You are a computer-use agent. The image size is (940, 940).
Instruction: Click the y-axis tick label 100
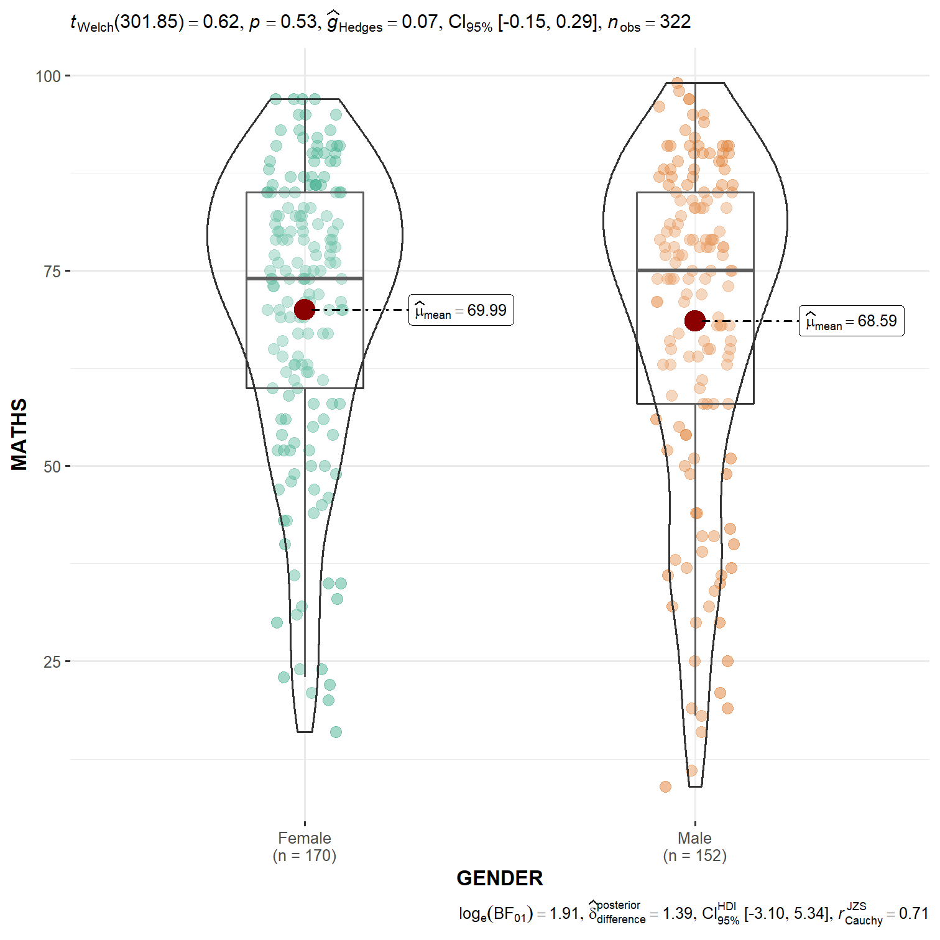48,76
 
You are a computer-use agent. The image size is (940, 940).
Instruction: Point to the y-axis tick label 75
52,272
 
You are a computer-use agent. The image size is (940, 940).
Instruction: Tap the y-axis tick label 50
52,467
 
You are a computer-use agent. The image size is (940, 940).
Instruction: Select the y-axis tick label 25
52,662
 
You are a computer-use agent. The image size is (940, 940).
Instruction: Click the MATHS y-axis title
19,435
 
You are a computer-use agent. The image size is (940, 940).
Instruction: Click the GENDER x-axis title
500,878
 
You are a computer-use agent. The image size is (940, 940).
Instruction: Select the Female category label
305,838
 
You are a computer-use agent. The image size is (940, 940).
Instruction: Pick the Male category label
694,838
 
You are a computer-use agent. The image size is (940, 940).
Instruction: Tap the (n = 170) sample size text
305,856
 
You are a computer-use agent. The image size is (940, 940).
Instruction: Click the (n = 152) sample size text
694,856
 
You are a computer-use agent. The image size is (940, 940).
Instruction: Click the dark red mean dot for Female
305,309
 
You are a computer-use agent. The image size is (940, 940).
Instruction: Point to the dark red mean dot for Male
694,321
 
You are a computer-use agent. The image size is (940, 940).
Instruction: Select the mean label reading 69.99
461,310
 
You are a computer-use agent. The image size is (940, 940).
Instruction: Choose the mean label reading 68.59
851,321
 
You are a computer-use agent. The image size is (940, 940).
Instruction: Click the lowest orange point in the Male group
665,787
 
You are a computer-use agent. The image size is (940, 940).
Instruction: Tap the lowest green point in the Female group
336,732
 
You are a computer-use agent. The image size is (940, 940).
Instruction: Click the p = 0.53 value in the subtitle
283,22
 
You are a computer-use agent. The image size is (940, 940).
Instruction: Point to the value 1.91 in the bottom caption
564,913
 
